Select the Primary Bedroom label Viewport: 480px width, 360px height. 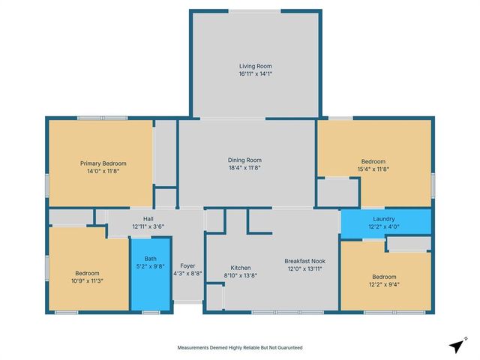(103, 163)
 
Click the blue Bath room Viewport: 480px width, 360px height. (150, 281)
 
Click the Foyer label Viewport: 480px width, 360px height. (187, 266)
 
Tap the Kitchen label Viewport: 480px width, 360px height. (240, 268)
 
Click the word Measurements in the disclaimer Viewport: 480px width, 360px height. (196, 348)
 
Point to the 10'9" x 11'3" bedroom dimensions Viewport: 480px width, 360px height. (88, 281)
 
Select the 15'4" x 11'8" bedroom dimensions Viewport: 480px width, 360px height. (373, 169)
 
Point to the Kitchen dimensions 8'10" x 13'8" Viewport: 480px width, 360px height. (240, 276)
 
